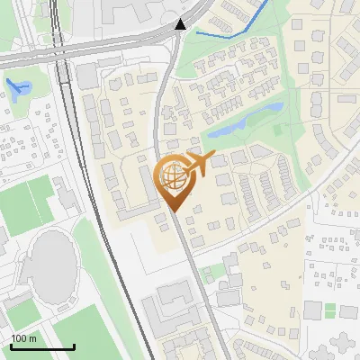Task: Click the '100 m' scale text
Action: [24, 338]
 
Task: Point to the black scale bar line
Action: [41, 346]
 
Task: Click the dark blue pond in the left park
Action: [17, 87]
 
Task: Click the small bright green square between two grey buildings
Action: [329, 310]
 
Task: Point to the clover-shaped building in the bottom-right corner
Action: [342, 343]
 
